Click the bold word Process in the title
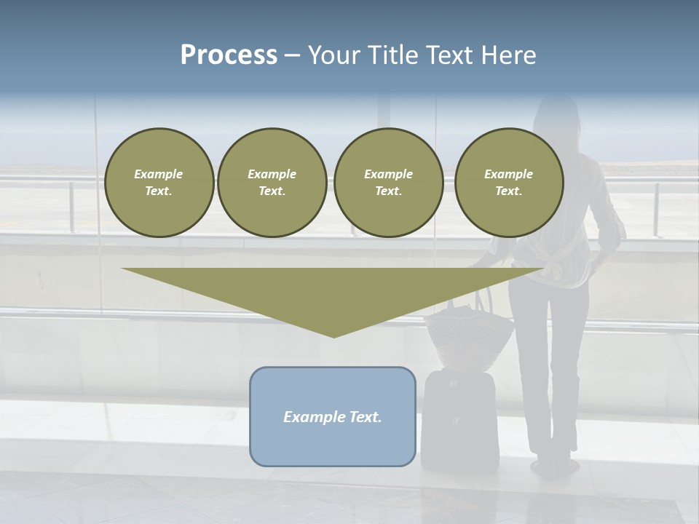229,55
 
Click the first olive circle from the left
159,183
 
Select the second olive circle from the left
272,183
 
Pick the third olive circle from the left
389,183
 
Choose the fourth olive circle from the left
509,183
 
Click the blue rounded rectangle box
333,416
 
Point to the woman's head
556,120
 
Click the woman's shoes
553,464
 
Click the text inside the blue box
333,417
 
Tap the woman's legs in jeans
550,364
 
